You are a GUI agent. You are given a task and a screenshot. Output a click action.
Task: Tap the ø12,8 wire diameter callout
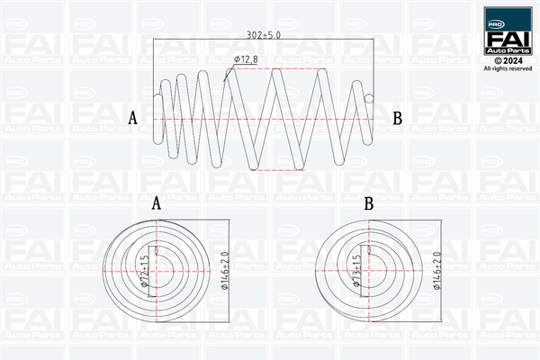click(x=247, y=59)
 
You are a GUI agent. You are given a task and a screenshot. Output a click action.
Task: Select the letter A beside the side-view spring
click(x=133, y=118)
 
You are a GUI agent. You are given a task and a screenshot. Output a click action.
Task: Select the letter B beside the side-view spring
click(x=397, y=118)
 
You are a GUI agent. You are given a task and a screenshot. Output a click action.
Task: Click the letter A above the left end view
click(x=156, y=204)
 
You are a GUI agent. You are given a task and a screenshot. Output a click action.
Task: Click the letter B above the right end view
click(x=368, y=204)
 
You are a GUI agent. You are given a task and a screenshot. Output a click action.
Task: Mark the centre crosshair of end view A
click(x=157, y=269)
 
